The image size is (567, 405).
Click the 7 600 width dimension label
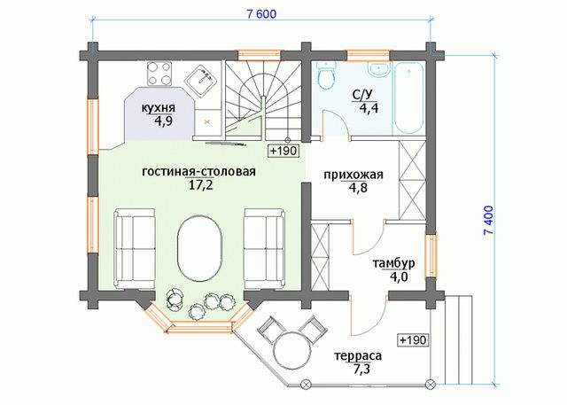[x=261, y=14]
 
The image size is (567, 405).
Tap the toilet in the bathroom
[x=327, y=74]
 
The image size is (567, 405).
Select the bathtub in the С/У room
[x=408, y=98]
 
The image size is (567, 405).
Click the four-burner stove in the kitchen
[x=159, y=74]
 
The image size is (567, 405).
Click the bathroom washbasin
[x=378, y=69]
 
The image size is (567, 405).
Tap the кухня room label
[x=158, y=108]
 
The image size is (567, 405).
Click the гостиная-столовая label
[x=198, y=171]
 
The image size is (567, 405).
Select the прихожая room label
[x=353, y=175]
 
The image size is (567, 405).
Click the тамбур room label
[x=393, y=263]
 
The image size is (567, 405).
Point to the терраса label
[x=358, y=356]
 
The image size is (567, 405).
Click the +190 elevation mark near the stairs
[x=283, y=150]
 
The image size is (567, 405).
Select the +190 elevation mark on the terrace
[x=414, y=340]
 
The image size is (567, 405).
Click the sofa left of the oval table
[x=135, y=249]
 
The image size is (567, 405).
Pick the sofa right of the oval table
[x=264, y=249]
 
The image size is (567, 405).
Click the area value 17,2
[x=198, y=185]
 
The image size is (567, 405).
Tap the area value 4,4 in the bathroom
[x=369, y=108]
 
